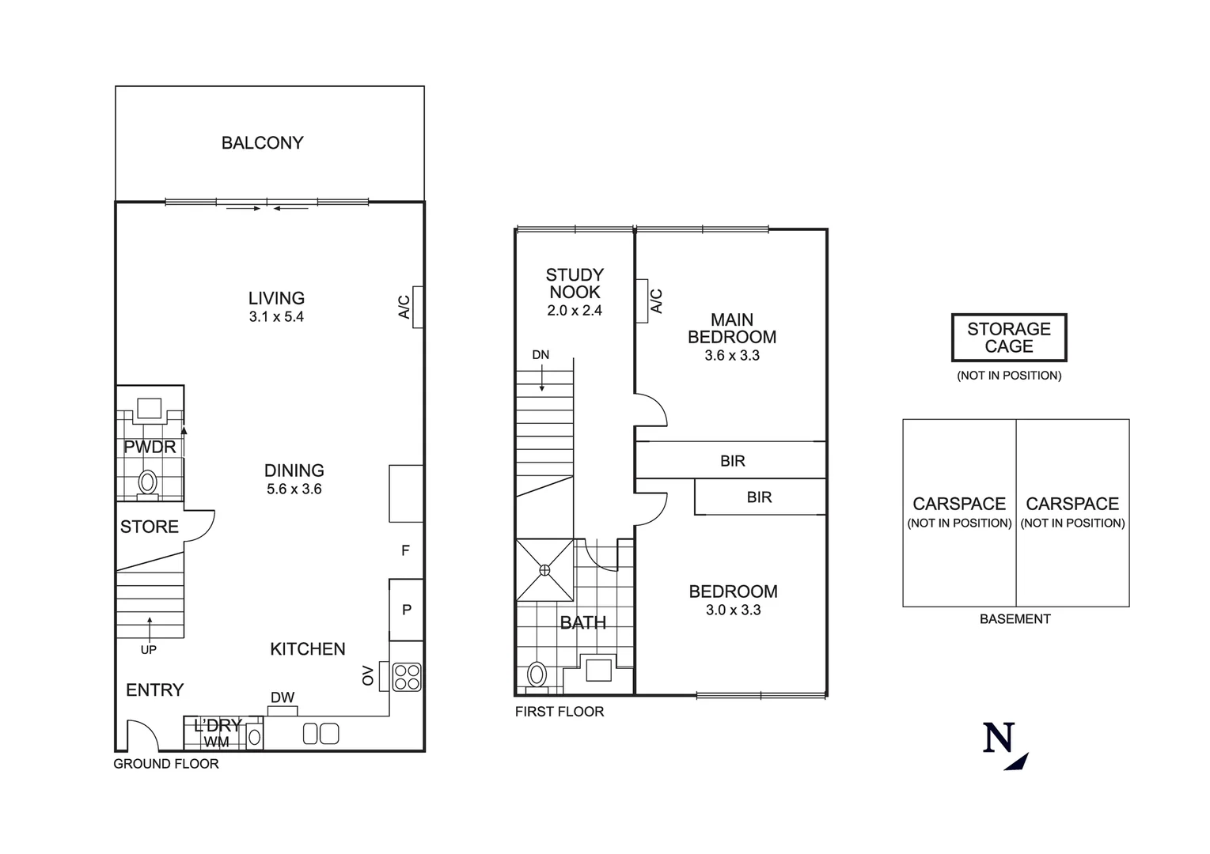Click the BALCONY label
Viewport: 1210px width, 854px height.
[262, 143]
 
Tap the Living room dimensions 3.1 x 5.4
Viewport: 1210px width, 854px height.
[276, 317]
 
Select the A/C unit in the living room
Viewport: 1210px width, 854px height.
[418, 307]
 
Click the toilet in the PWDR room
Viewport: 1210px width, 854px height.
[147, 482]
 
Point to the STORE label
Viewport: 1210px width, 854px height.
[150, 527]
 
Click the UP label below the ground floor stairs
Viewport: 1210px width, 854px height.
[149, 650]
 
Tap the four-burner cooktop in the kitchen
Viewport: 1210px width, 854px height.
[407, 677]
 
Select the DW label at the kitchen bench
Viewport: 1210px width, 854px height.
[283, 697]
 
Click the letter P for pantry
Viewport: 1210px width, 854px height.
[407, 610]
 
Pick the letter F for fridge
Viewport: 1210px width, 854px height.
[405, 550]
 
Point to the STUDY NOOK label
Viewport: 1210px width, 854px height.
[575, 283]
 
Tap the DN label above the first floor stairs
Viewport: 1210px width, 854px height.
[541, 355]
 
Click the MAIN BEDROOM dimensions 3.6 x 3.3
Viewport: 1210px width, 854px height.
[732, 356]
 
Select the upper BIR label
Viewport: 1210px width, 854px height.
[733, 461]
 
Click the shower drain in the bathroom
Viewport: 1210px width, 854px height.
[544, 569]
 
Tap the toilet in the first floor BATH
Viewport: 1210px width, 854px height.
[537, 675]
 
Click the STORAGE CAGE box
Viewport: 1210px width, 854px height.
[1009, 338]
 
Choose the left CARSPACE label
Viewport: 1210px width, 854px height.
[959, 504]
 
